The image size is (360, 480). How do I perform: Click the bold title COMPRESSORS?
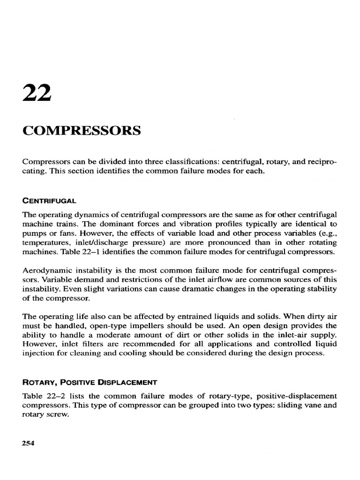(81, 129)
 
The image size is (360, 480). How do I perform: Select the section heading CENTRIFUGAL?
(49, 201)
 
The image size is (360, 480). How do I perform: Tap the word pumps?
(34, 234)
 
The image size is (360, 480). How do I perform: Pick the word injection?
(37, 352)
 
